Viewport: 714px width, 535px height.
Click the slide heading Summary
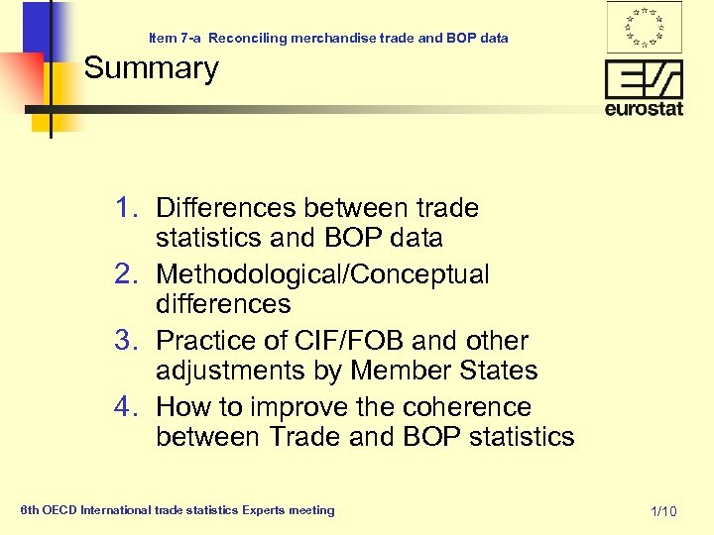pyautogui.click(x=151, y=69)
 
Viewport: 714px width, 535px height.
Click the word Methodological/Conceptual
pyautogui.click(x=322, y=274)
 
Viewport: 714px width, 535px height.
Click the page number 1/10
pyautogui.click(x=663, y=511)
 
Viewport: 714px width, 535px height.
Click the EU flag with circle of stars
pyautogui.click(x=644, y=27)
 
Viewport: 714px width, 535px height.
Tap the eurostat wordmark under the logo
pyautogui.click(x=644, y=108)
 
